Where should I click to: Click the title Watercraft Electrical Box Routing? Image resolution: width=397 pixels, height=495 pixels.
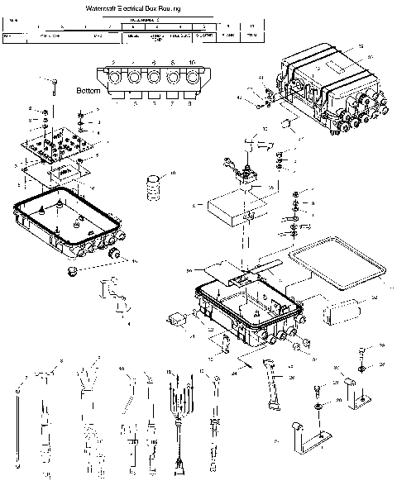click(x=138, y=7)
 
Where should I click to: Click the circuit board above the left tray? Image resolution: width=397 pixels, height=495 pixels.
click(x=59, y=150)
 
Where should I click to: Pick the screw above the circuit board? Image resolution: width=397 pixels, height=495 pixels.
click(x=52, y=85)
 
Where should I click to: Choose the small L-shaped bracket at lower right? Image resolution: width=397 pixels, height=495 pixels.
click(x=358, y=397)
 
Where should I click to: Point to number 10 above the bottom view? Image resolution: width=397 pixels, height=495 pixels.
click(x=191, y=63)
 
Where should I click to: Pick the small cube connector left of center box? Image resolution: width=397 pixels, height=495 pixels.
click(x=176, y=319)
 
